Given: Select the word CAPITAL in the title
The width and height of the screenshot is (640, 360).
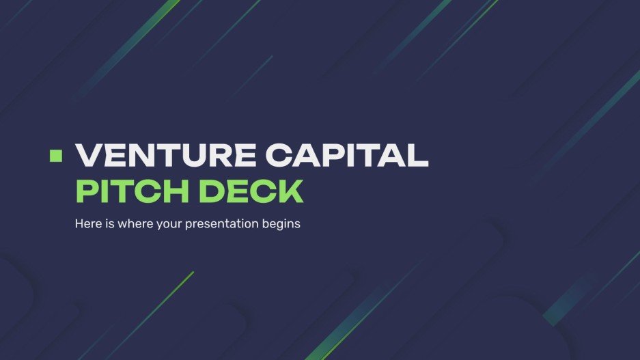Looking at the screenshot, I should click(347, 156).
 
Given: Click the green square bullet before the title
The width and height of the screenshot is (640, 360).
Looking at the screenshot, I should click(56, 155).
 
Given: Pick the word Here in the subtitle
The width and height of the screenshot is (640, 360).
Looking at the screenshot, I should click(87, 224).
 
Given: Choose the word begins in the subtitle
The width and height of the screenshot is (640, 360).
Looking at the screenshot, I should click(282, 224).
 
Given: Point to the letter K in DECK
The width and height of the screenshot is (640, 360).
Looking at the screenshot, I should click(289, 191).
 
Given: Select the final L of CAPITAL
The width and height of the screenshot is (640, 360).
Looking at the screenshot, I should click(417, 156).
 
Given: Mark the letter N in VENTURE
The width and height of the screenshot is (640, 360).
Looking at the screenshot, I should click(143, 156).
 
